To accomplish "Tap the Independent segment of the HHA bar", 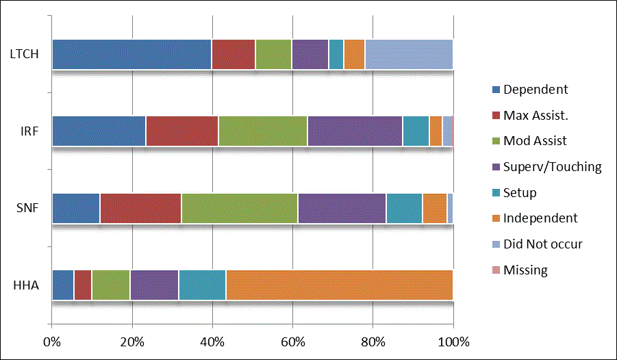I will click(x=339, y=285).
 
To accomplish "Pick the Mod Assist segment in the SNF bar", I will click(x=240, y=208).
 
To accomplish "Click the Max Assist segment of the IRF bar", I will click(x=182, y=131).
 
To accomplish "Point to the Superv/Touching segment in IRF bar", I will click(x=355, y=131).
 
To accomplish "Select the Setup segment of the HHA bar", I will click(x=202, y=285).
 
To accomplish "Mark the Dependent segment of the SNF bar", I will click(x=76, y=208).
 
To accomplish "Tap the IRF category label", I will click(x=29, y=131).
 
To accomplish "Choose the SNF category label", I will click(x=27, y=208).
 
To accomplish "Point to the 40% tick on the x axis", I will click(x=212, y=342).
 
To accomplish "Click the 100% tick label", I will click(x=453, y=342).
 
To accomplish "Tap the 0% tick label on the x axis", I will click(x=52, y=342).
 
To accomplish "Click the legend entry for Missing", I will click(x=525, y=270).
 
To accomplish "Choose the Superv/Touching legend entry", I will click(x=552, y=166).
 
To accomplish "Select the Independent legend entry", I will click(x=540, y=218).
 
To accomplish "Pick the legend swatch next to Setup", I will click(x=496, y=192).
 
